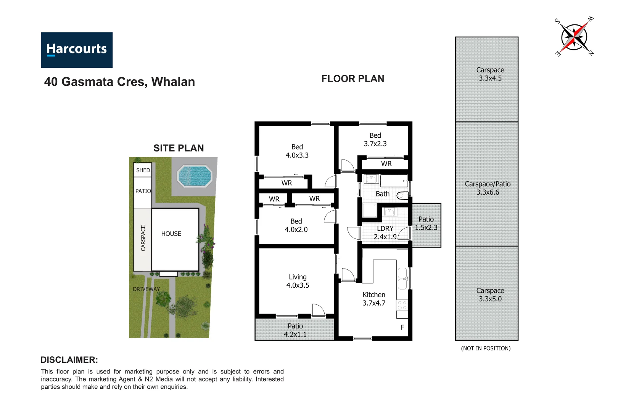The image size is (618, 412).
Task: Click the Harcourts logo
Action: click(77, 50)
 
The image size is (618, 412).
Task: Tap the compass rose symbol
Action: click(574, 37)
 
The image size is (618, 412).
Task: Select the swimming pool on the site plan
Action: click(195, 176)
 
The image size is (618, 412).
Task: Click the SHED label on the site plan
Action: click(143, 170)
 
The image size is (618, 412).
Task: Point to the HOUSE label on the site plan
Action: click(171, 234)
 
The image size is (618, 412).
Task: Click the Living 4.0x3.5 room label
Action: click(298, 281)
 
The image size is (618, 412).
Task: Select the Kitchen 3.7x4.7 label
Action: click(374, 299)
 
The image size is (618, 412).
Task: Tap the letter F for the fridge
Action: click(402, 327)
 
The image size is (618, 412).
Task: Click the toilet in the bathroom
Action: click(402, 196)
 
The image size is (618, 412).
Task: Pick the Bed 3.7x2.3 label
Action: click(375, 140)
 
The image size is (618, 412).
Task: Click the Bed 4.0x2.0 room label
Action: click(296, 225)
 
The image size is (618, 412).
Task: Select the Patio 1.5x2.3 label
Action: click(426, 224)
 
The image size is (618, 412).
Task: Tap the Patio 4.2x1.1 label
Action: click(295, 330)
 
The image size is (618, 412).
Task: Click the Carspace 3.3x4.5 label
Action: click(490, 74)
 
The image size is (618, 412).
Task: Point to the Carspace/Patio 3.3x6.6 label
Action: click(488, 188)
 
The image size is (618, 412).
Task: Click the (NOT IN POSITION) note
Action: click(486, 348)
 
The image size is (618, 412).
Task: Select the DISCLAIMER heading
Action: click(69, 360)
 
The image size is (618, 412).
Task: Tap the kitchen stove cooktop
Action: click(402, 305)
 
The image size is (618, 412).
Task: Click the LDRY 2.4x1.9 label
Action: click(385, 233)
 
